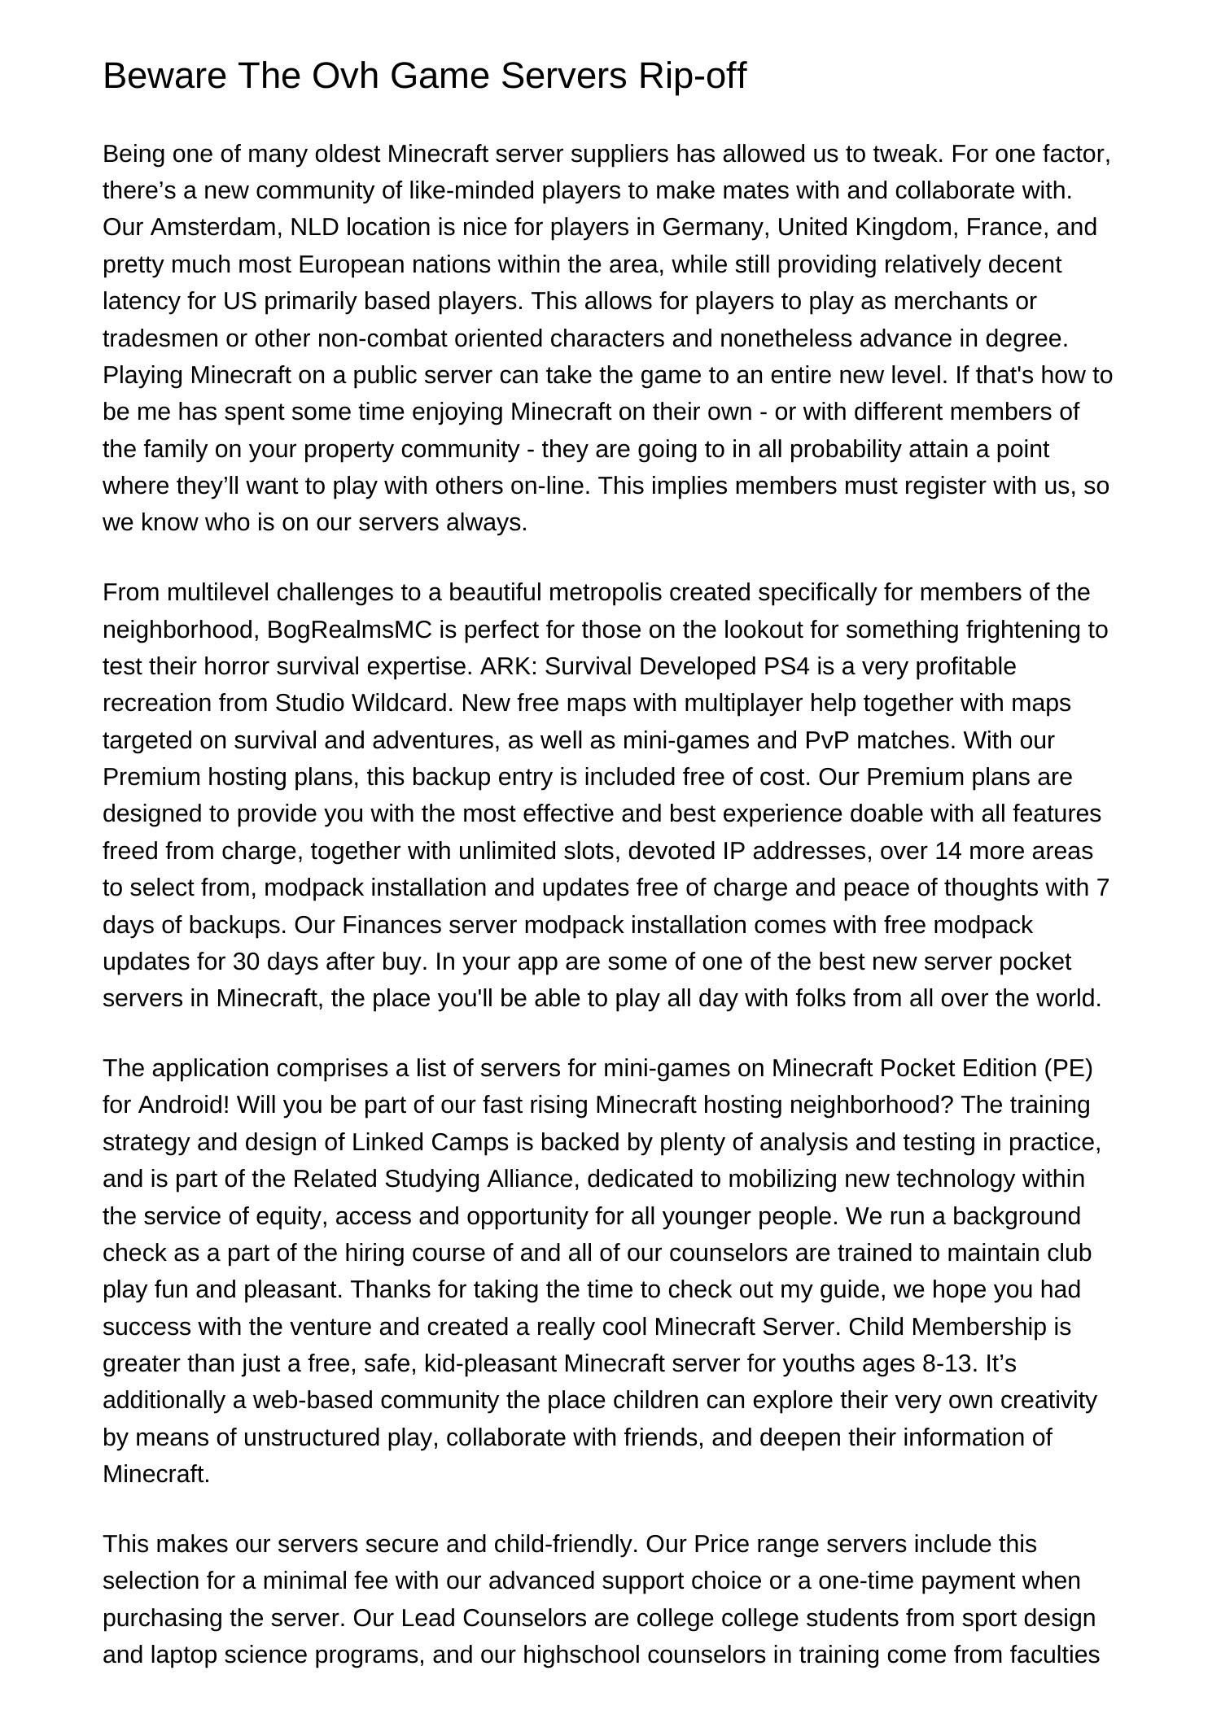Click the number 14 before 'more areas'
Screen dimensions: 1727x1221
pyautogui.click(x=948, y=851)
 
